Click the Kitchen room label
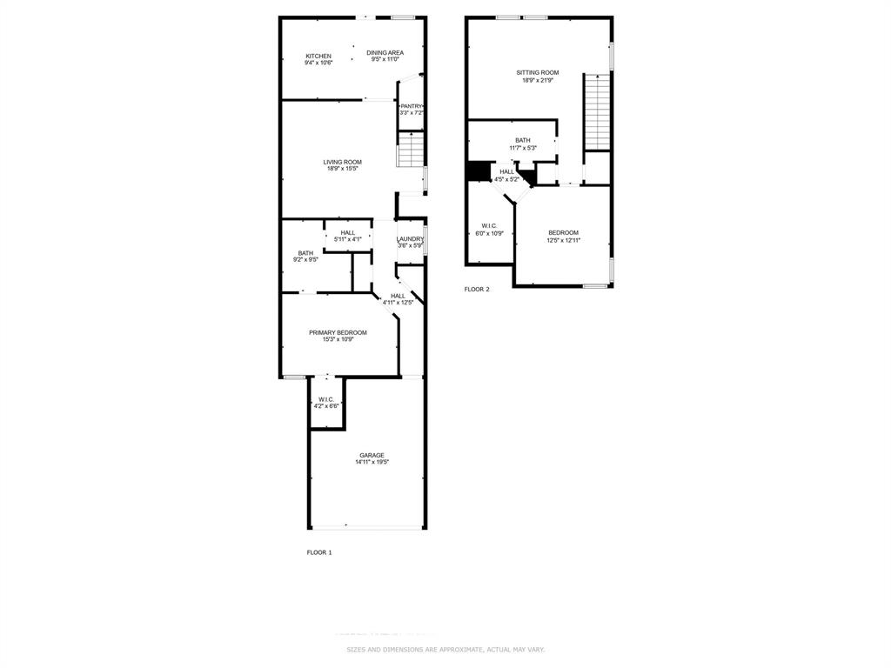(x=318, y=56)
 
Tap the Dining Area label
(x=385, y=53)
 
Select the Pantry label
(x=411, y=106)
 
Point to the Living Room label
(x=342, y=162)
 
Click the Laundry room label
(x=410, y=239)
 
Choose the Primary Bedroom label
(x=338, y=332)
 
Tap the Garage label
(x=372, y=455)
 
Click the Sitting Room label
(x=538, y=73)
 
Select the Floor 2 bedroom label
(x=563, y=232)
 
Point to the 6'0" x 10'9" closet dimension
(x=488, y=233)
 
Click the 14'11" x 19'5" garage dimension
(x=372, y=463)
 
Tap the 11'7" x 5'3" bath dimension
(x=522, y=148)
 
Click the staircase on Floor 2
(x=596, y=113)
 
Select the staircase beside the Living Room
(x=410, y=151)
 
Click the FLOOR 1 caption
(x=319, y=552)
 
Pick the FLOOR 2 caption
(x=477, y=289)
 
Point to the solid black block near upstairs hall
(x=479, y=171)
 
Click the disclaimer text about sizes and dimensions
(x=445, y=650)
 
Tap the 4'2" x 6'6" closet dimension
(x=326, y=406)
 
